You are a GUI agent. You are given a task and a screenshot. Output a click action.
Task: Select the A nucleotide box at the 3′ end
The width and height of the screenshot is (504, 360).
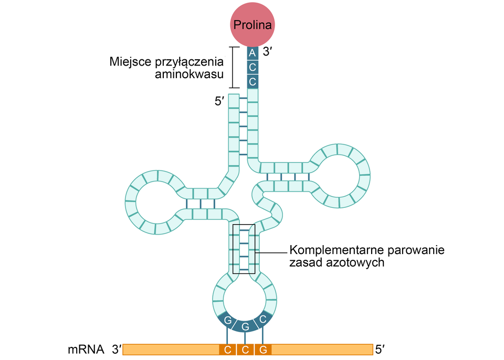(253, 53)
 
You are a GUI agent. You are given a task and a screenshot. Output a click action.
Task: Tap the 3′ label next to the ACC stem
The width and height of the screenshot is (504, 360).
(269, 52)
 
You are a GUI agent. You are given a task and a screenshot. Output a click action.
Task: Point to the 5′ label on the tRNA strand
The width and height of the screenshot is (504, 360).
(219, 101)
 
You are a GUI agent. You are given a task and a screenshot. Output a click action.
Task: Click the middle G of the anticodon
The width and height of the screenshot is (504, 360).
(245, 326)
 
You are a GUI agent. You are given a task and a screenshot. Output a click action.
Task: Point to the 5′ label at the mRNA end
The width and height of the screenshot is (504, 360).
(381, 349)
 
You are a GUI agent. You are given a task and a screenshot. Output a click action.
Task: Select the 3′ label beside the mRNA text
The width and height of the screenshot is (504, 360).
(116, 349)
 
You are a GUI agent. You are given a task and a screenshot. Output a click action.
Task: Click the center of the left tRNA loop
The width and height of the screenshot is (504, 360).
(156, 202)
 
